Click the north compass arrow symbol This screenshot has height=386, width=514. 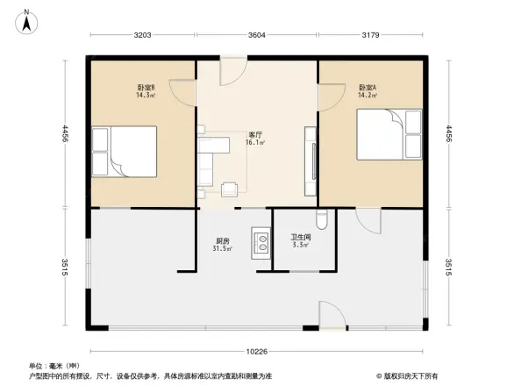[x=28, y=18]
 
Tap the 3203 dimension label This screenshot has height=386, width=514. [x=143, y=35]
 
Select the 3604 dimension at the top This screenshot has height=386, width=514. [x=255, y=35]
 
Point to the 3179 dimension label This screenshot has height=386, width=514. [x=369, y=35]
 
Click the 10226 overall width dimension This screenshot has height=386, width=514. [x=256, y=351]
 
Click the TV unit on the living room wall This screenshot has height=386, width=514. [x=310, y=160]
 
